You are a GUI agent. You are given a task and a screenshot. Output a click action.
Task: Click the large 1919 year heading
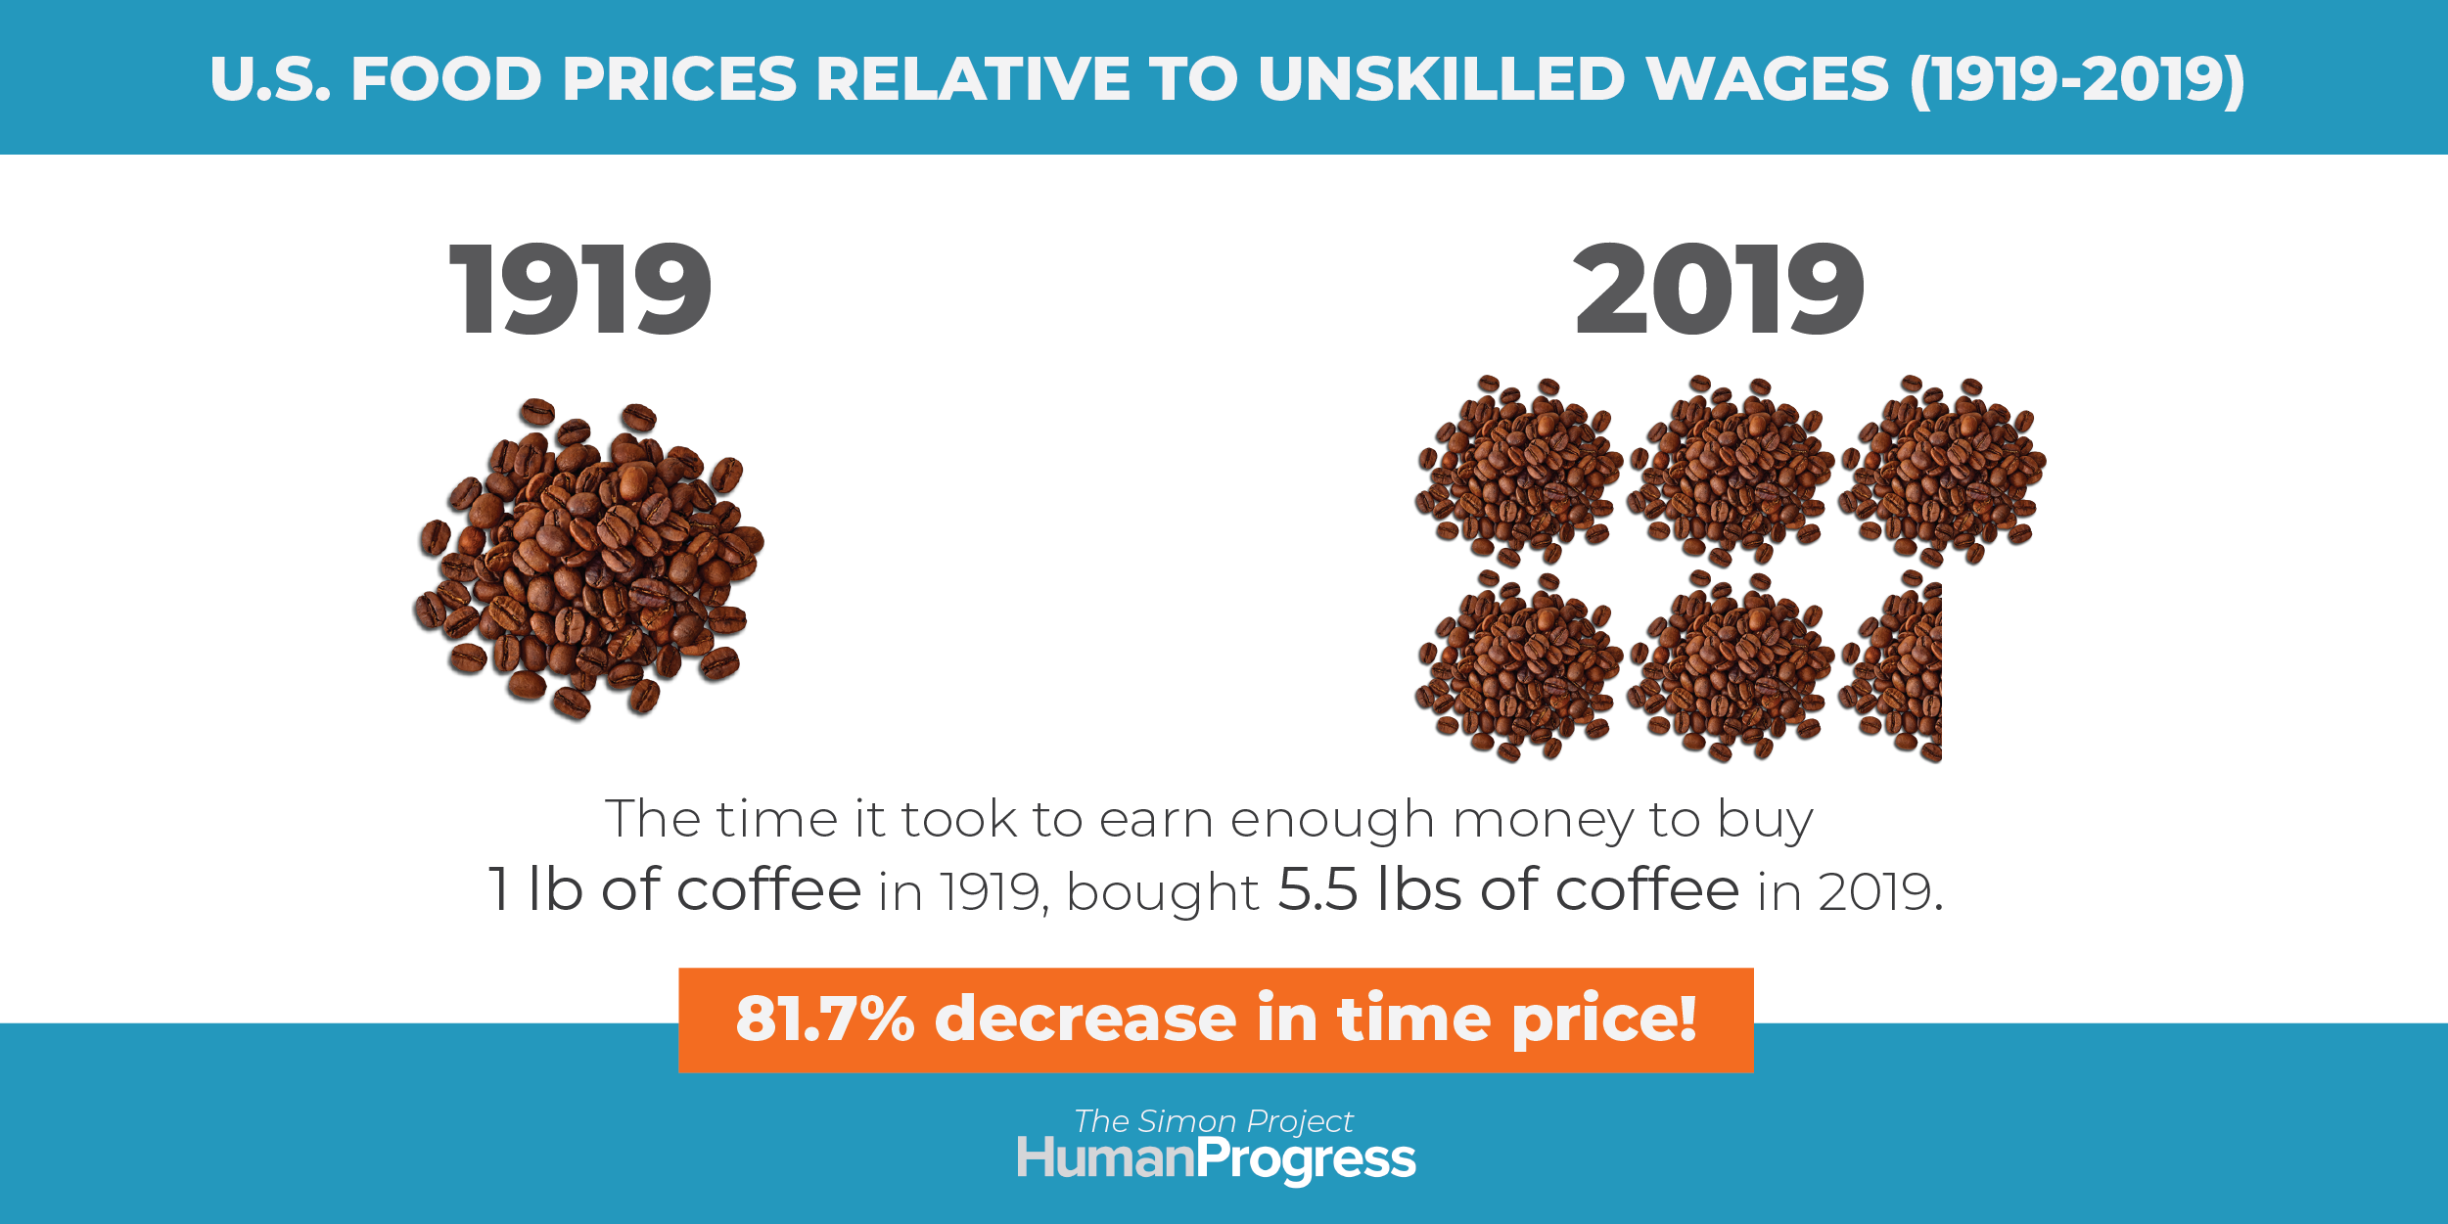pyautogui.click(x=580, y=290)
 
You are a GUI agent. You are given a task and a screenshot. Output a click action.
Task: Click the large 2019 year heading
pyautogui.click(x=1719, y=290)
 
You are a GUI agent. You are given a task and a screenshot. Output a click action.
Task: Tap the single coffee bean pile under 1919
pyautogui.click(x=588, y=559)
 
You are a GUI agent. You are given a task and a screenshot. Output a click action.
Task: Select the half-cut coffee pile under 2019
pyautogui.click(x=1891, y=666)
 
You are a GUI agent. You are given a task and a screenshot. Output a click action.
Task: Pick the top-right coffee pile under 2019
pyautogui.click(x=1942, y=471)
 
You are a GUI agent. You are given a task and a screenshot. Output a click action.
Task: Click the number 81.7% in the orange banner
pyautogui.click(x=825, y=1019)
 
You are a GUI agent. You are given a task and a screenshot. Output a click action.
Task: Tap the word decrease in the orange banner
pyautogui.click(x=1085, y=1019)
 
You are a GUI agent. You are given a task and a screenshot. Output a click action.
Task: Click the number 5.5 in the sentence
pyautogui.click(x=1318, y=889)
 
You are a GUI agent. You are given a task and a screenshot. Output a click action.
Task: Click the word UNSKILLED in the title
pyautogui.click(x=1441, y=78)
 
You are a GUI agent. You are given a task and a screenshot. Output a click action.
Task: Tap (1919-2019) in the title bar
pyautogui.click(x=2077, y=79)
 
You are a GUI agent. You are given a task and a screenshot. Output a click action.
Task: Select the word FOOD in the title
pyautogui.click(x=446, y=78)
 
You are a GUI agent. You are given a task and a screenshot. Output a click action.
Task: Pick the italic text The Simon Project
pyautogui.click(x=1214, y=1120)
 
